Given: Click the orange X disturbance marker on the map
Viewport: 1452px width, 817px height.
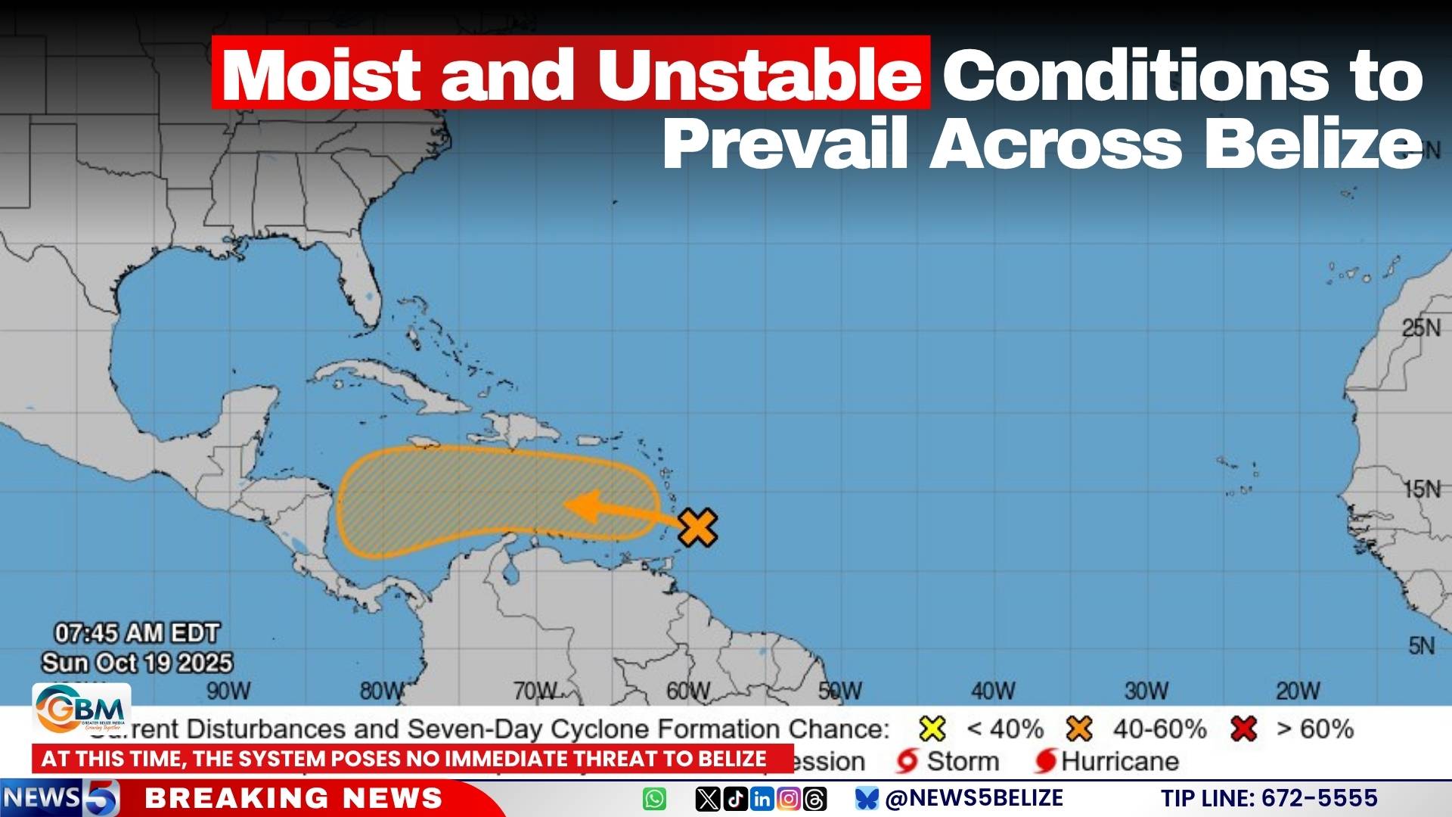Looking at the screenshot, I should (x=697, y=527).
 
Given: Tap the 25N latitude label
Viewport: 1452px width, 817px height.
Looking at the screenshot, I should (x=1421, y=328).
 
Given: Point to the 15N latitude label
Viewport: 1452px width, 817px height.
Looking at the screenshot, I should (x=1422, y=489).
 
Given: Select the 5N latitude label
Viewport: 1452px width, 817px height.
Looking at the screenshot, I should (x=1421, y=646).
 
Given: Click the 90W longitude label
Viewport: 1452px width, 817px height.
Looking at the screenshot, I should (x=228, y=691).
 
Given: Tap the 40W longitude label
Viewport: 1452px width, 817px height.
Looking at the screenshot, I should (x=993, y=691).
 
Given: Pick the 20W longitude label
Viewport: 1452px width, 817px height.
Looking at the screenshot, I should (x=1298, y=691).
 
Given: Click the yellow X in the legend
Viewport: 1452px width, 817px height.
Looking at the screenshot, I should (x=932, y=729).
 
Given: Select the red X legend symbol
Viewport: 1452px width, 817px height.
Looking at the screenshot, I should (x=1243, y=729).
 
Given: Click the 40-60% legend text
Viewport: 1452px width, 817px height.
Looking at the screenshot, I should (x=1159, y=729).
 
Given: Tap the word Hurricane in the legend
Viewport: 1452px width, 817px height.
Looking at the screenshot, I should (x=1120, y=761).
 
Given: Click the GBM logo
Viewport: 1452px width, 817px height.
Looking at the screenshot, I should (x=81, y=709).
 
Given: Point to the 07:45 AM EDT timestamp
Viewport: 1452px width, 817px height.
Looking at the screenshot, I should (x=137, y=633).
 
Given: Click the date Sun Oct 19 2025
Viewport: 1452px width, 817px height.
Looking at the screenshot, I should (x=137, y=663).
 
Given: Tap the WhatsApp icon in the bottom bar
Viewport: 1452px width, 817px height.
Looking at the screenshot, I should (x=655, y=799).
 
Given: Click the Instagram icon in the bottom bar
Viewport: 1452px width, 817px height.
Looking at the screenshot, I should (x=788, y=799).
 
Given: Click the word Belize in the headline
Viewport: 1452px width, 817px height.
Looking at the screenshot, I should (x=1314, y=144).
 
